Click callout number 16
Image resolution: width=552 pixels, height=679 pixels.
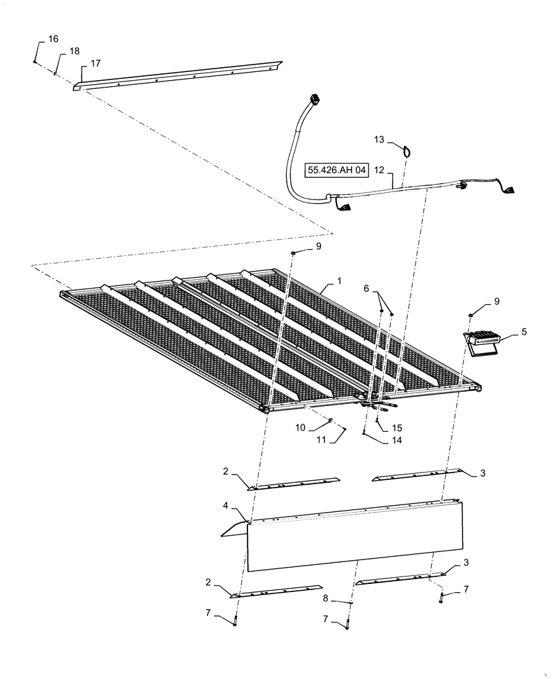tap(53, 40)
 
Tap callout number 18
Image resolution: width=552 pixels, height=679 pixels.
tap(73, 52)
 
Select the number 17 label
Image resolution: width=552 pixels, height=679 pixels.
tap(94, 63)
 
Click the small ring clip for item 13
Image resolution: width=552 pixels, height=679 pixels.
tap(405, 151)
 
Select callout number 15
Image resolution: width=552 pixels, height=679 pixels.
tap(397, 428)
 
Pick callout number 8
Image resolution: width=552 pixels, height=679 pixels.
tap(326, 598)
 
